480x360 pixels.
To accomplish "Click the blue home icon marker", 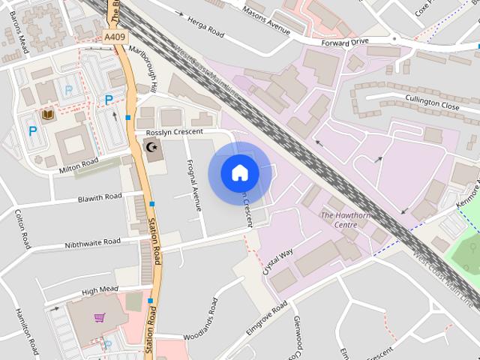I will [240, 173].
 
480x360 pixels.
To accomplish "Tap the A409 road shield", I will [115, 37].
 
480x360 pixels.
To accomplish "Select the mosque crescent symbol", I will [153, 147].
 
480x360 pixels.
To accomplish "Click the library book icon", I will [48, 115].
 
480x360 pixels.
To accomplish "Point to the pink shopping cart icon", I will [99, 317].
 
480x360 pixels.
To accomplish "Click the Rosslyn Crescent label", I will [175, 132].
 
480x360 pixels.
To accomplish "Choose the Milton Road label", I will [79, 166].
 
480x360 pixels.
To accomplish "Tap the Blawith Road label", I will [100, 198].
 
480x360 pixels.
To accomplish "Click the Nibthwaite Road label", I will [92, 242].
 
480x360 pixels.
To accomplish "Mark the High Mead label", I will [100, 290].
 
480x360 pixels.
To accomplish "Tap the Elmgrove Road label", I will [266, 318].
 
